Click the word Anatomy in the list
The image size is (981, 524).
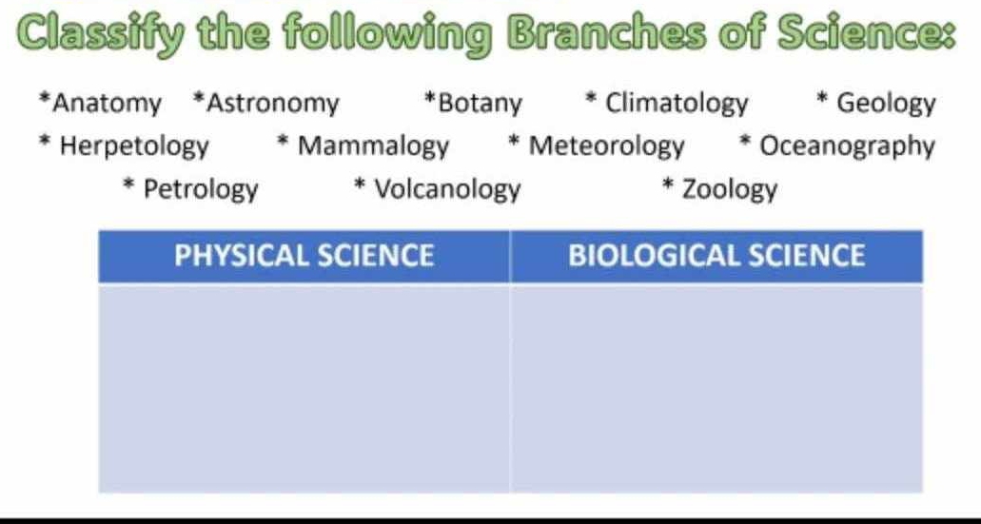coord(107,103)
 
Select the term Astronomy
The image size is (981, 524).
coord(272,103)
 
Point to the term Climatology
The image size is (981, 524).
coord(677,103)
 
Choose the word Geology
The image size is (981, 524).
coord(886,103)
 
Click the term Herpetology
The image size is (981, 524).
coord(133,146)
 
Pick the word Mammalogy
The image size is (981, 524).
coord(372,146)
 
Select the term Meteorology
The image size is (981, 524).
coord(605,146)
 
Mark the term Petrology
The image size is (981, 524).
coord(200,189)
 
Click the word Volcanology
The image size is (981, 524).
coord(447,189)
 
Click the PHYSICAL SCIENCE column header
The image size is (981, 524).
coord(304,256)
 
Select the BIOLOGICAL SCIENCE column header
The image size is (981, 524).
coord(716,256)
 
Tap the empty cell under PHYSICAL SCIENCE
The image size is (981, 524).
coord(304,388)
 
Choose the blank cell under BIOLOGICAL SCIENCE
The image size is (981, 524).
coord(716,388)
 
